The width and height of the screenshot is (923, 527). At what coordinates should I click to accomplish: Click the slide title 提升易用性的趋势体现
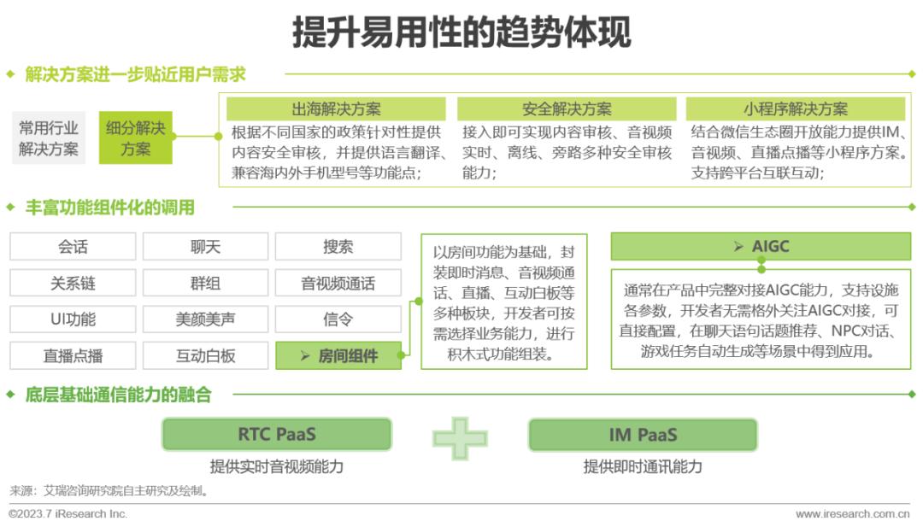tap(461, 32)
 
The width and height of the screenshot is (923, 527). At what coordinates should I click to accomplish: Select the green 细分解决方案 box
tap(135, 138)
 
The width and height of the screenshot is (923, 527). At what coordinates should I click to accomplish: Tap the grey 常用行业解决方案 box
tap(50, 138)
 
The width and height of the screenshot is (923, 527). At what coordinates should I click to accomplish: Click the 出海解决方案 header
tap(336, 108)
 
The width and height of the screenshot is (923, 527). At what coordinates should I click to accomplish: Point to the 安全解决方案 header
tap(567, 108)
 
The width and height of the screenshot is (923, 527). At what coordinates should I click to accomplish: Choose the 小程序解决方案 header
tap(795, 108)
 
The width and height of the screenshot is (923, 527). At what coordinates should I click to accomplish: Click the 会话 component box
tap(73, 247)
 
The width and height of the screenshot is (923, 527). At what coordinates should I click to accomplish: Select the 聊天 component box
tap(205, 247)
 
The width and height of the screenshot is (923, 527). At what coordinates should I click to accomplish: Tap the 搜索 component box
tap(338, 247)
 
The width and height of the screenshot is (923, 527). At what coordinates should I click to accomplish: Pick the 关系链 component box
tap(73, 283)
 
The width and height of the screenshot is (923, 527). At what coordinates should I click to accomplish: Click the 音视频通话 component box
tap(338, 283)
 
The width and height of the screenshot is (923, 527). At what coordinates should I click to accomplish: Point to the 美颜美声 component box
tap(205, 319)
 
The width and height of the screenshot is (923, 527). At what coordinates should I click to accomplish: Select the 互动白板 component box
tap(205, 355)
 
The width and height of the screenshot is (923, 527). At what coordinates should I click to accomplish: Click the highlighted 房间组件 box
tap(338, 355)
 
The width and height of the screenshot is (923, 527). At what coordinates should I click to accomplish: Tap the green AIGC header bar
tap(760, 247)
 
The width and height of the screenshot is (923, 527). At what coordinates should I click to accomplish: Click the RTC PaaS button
tap(276, 434)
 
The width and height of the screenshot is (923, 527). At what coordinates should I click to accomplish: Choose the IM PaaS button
tap(643, 434)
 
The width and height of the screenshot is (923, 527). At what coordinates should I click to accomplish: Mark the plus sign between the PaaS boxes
tap(460, 438)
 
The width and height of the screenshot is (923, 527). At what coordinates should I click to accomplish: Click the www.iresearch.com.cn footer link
tap(852, 514)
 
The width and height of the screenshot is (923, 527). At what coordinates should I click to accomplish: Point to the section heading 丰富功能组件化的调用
tap(109, 207)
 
